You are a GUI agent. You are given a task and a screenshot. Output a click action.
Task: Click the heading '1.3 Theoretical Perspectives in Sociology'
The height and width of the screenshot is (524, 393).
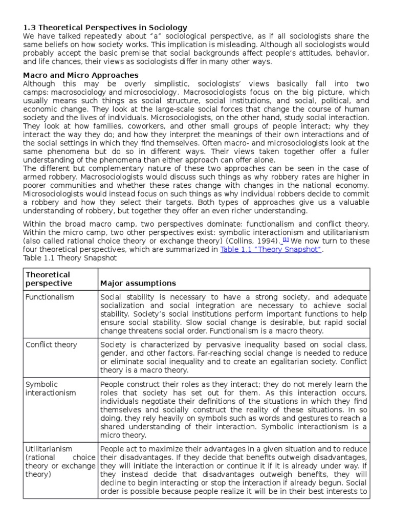point(105,28)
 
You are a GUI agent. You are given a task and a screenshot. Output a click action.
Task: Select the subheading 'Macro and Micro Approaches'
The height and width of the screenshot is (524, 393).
point(81,75)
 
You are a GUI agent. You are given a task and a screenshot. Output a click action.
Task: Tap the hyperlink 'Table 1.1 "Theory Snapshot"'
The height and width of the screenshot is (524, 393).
point(270,249)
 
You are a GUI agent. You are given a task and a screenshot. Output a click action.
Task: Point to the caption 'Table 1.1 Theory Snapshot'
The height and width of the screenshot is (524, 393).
point(70,258)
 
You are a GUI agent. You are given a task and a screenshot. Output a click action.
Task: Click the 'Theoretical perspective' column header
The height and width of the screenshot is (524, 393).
point(49,279)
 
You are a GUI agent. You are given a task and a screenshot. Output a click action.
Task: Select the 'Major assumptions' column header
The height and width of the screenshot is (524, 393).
point(138,283)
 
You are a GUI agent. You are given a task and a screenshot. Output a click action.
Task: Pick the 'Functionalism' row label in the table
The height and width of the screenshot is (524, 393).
point(50,297)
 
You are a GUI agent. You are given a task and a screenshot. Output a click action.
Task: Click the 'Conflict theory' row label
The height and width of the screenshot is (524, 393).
point(51,345)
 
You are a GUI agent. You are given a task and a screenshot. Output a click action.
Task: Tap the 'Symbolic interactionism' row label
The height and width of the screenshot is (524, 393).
point(50,388)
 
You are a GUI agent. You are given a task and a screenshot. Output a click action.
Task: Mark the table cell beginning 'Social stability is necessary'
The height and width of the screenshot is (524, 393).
point(233,314)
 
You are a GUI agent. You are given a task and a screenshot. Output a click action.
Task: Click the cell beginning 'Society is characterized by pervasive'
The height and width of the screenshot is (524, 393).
point(233,357)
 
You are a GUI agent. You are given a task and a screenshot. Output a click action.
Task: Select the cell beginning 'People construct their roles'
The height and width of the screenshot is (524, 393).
point(233,409)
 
